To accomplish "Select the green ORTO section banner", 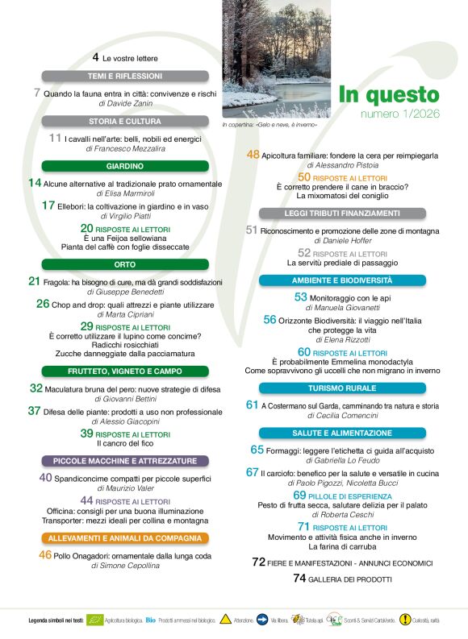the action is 125,263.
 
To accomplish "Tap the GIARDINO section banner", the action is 125,166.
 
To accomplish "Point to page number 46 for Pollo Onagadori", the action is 45,554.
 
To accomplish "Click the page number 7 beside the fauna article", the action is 37,93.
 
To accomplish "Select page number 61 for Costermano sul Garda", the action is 252,405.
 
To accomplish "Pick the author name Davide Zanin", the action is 124,104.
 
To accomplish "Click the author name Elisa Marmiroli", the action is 125,194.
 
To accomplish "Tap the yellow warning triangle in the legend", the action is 225,620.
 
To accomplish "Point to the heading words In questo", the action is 388,94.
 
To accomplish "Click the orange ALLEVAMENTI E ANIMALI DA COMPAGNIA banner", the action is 125,538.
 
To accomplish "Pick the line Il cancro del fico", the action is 125,443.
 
